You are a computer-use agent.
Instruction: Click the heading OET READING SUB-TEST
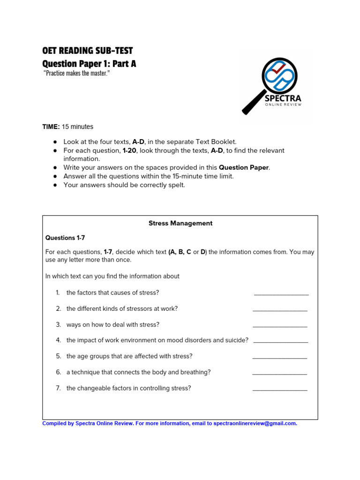88,51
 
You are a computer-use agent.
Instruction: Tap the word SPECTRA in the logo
283,98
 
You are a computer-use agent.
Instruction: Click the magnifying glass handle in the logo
254,103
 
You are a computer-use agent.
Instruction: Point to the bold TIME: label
51,127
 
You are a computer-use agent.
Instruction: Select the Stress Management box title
180,223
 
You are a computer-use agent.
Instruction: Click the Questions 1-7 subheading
65,238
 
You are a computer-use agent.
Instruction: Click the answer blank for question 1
281,294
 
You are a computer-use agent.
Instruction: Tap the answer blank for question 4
280,342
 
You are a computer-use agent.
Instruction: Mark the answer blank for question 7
280,390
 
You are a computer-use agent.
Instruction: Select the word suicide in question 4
236,340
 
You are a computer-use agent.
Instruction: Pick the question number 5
59,356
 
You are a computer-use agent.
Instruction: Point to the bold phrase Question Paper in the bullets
244,167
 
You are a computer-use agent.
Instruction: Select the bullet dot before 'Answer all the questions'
55,176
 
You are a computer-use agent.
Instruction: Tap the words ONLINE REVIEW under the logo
283,105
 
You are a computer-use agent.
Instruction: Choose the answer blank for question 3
280,326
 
